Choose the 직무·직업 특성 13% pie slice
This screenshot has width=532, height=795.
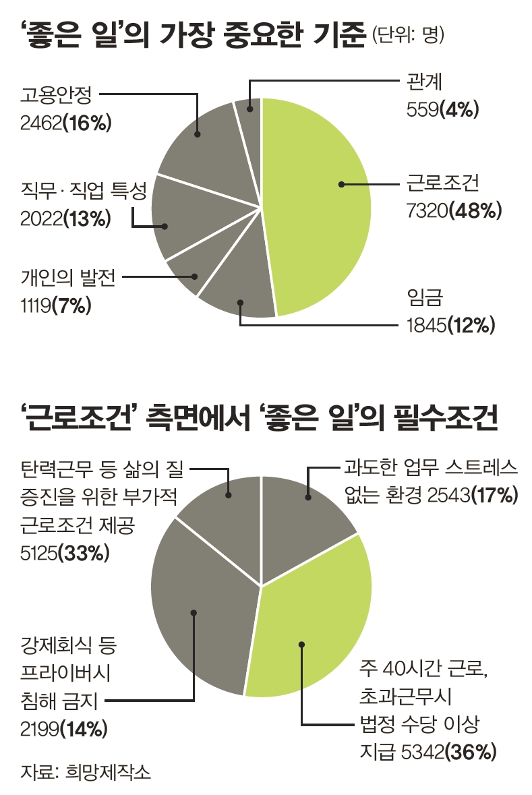point(182,216)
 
